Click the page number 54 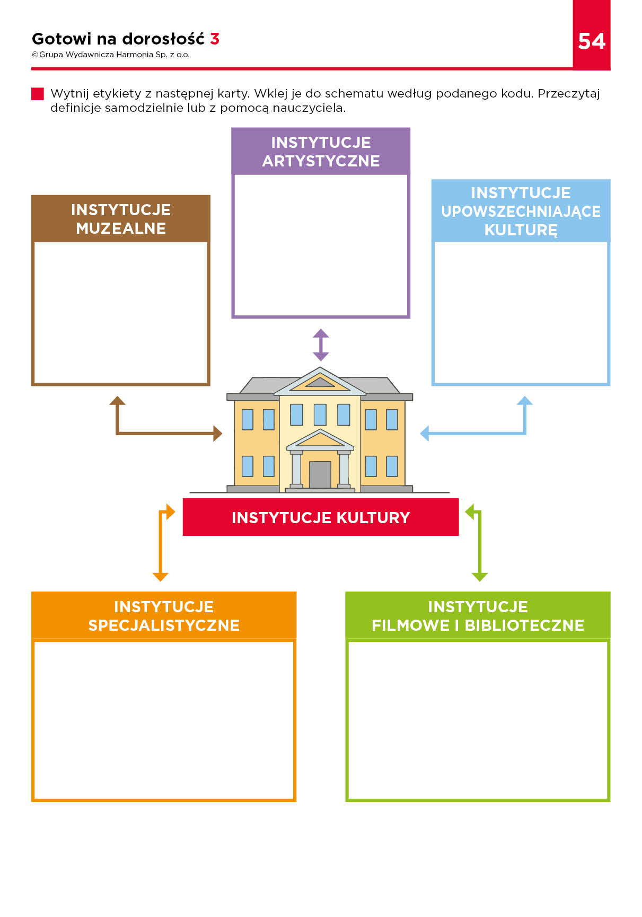click(592, 41)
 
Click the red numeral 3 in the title click(215, 39)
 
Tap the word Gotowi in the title click(61, 39)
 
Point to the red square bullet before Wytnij click(38, 94)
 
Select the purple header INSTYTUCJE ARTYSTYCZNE click(321, 152)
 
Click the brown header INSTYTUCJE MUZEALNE click(121, 219)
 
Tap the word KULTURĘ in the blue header click(521, 230)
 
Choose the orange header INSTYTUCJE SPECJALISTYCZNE click(164, 615)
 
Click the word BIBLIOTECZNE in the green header click(524, 625)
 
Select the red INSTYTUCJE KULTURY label click(321, 517)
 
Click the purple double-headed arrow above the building click(321, 345)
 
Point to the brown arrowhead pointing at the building click(217, 434)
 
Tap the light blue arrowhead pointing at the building click(424, 434)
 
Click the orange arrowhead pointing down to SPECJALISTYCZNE click(160, 577)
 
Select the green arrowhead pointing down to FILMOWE click(479, 577)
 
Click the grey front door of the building click(320, 474)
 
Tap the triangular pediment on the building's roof click(320, 380)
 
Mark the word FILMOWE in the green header click(410, 625)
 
